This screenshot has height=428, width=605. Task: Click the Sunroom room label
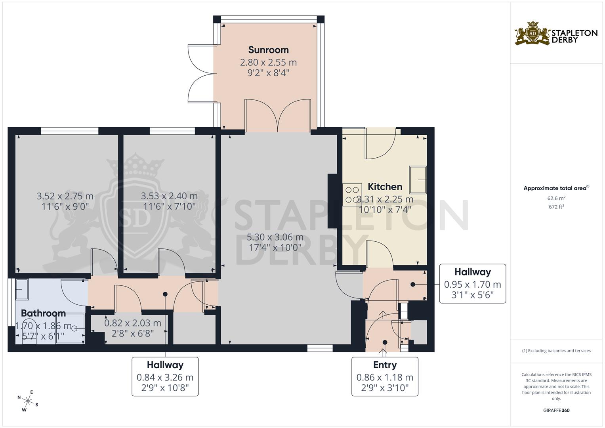click(x=269, y=50)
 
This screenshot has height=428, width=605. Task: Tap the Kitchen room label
click(x=385, y=187)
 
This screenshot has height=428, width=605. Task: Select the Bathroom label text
click(x=43, y=313)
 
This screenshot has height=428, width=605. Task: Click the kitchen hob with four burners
click(x=352, y=195)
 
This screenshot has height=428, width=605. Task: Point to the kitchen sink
click(x=418, y=180)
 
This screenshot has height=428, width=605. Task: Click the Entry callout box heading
click(x=385, y=365)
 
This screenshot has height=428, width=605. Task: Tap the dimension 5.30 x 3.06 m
click(x=275, y=237)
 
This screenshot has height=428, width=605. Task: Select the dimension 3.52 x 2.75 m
click(x=65, y=196)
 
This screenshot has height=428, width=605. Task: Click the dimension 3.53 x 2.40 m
click(x=169, y=196)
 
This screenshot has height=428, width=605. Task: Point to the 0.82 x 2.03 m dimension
click(x=133, y=323)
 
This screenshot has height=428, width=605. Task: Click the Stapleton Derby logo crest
click(x=532, y=34)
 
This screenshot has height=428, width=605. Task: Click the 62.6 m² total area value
click(x=556, y=198)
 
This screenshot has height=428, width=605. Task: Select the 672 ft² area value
click(x=556, y=207)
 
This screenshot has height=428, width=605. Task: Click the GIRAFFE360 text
click(x=556, y=411)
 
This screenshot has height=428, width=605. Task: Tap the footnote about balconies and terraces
click(x=556, y=351)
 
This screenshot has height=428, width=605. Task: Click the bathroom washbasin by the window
click(x=22, y=289)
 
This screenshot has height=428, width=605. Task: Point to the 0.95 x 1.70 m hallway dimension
click(x=473, y=285)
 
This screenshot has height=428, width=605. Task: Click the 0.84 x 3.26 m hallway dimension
click(x=165, y=377)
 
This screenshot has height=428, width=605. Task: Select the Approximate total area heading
click(x=556, y=188)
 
